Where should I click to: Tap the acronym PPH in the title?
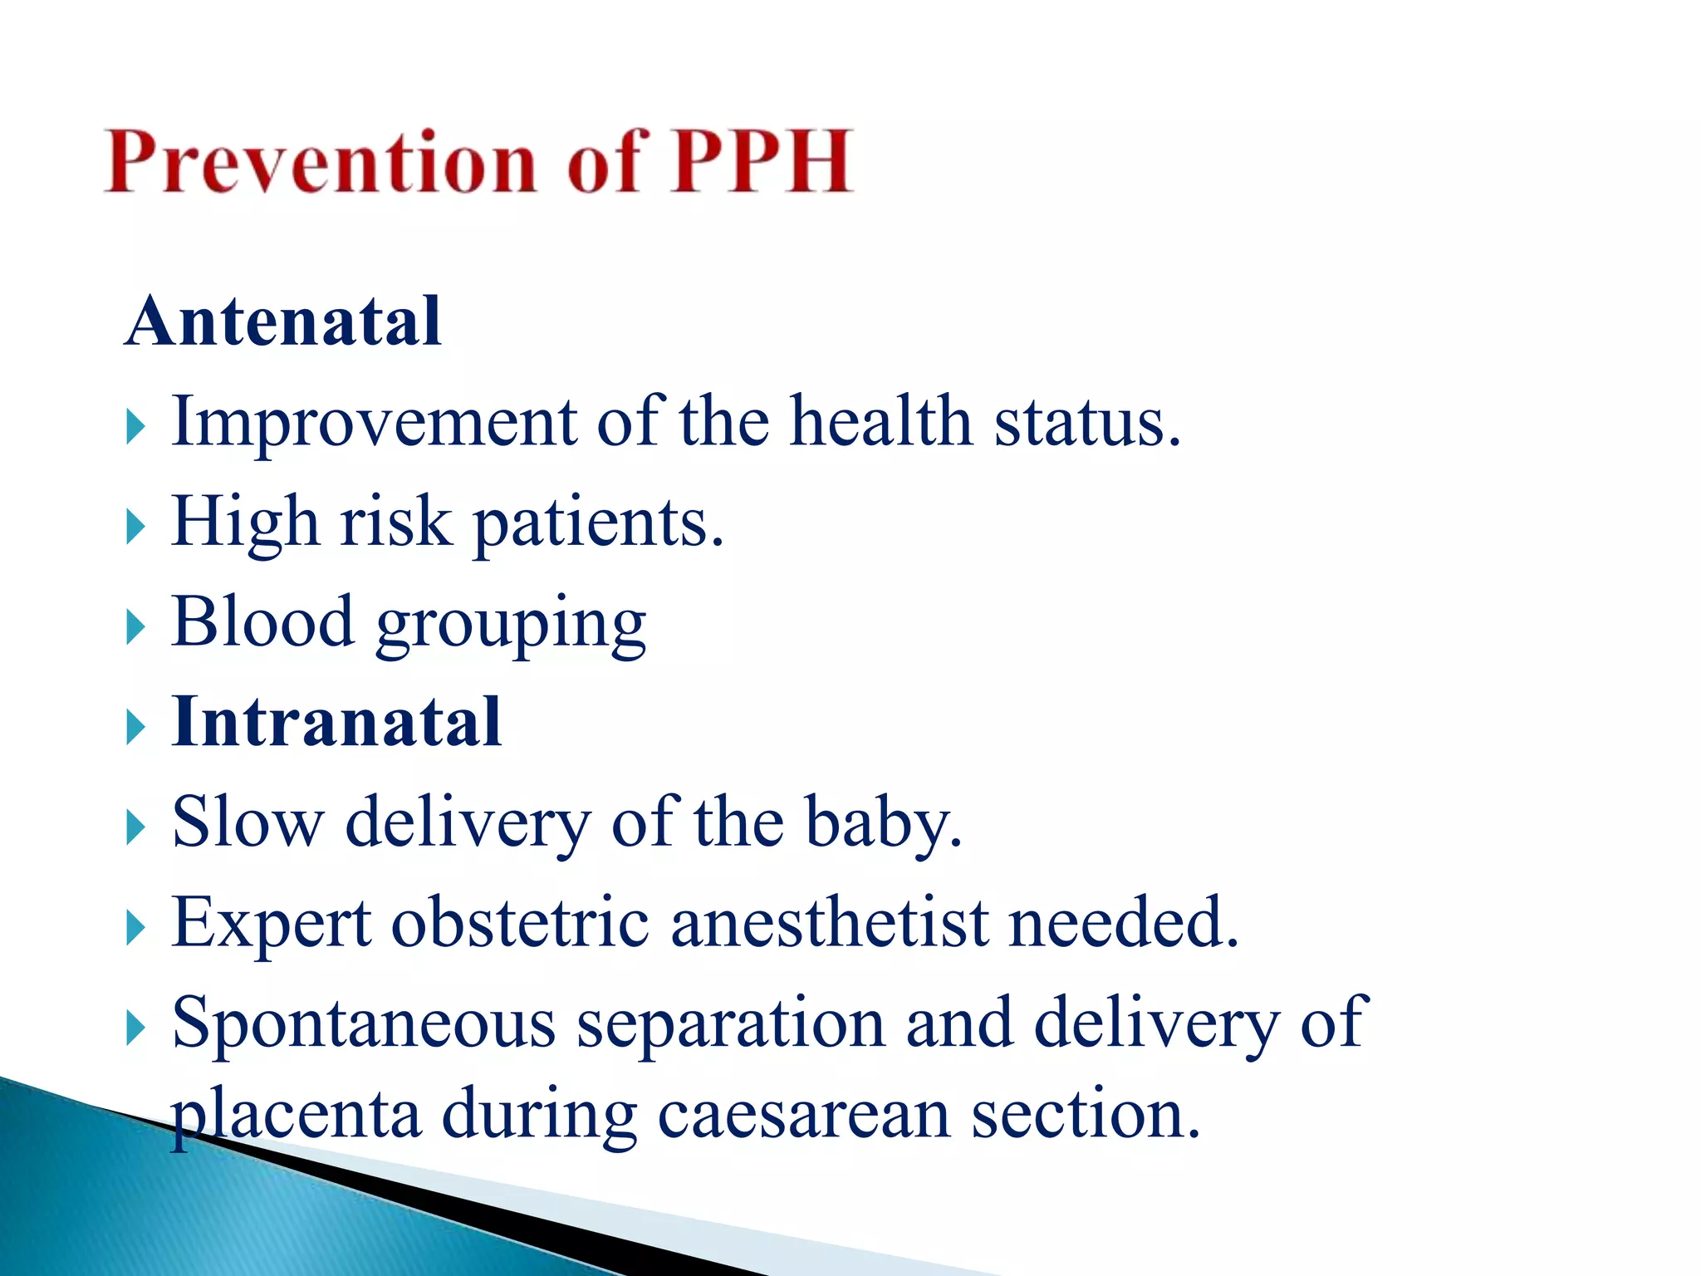coord(761,162)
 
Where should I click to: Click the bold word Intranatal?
coord(336,722)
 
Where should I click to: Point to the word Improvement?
coord(374,422)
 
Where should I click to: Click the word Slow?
coord(247,822)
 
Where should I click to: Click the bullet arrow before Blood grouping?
coord(135,627)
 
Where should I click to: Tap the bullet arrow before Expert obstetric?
coord(135,928)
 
